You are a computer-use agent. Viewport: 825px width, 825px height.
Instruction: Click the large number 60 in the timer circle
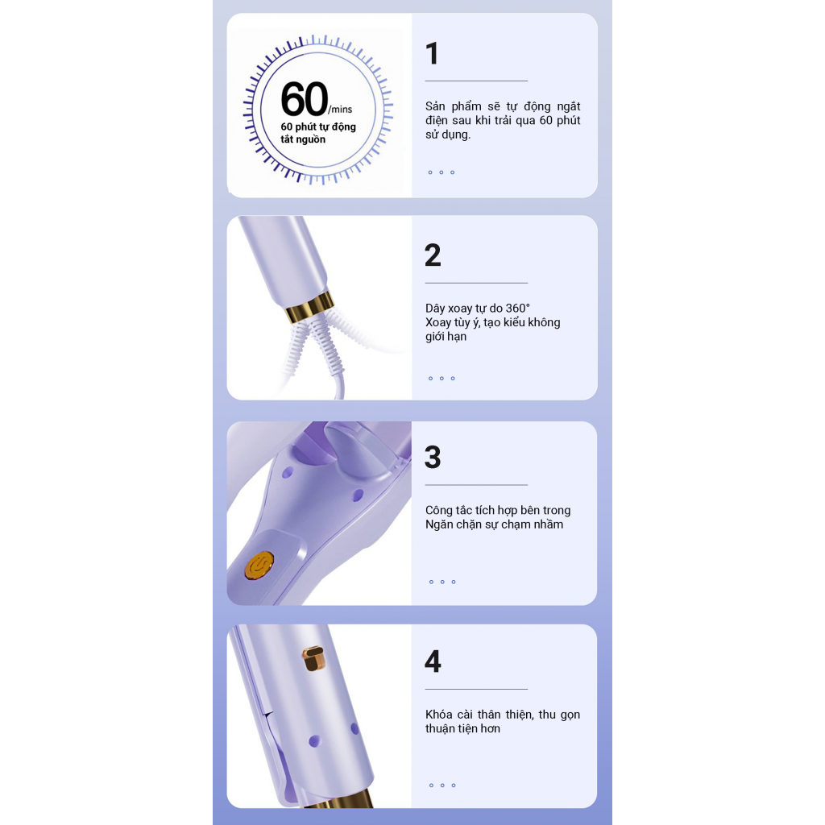[305, 99]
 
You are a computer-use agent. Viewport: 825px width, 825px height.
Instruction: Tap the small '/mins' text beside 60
[341, 110]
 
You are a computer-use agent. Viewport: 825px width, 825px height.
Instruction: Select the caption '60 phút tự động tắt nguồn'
[317, 133]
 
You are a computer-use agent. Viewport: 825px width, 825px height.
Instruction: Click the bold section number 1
[432, 54]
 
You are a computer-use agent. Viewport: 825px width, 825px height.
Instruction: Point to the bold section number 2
[433, 255]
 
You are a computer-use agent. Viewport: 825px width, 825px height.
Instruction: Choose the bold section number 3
[433, 457]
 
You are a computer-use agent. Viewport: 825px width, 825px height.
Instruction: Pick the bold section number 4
[433, 661]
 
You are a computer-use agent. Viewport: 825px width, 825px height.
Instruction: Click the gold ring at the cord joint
[309, 308]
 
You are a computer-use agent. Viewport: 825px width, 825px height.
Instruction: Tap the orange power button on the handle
[259, 566]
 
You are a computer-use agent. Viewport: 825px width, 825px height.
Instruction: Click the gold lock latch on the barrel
[313, 659]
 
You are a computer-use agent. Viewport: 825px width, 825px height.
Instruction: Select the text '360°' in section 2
[518, 309]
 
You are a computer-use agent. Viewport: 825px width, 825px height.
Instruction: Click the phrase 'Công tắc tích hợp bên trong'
[498, 510]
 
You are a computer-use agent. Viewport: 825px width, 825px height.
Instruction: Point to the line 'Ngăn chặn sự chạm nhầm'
[494, 524]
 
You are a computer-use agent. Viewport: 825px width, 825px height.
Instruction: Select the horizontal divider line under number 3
[476, 485]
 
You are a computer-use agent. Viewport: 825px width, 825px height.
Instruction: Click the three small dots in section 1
[442, 172]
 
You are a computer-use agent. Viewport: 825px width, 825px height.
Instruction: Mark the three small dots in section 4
[442, 786]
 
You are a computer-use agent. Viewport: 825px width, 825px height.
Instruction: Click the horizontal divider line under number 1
[476, 81]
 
